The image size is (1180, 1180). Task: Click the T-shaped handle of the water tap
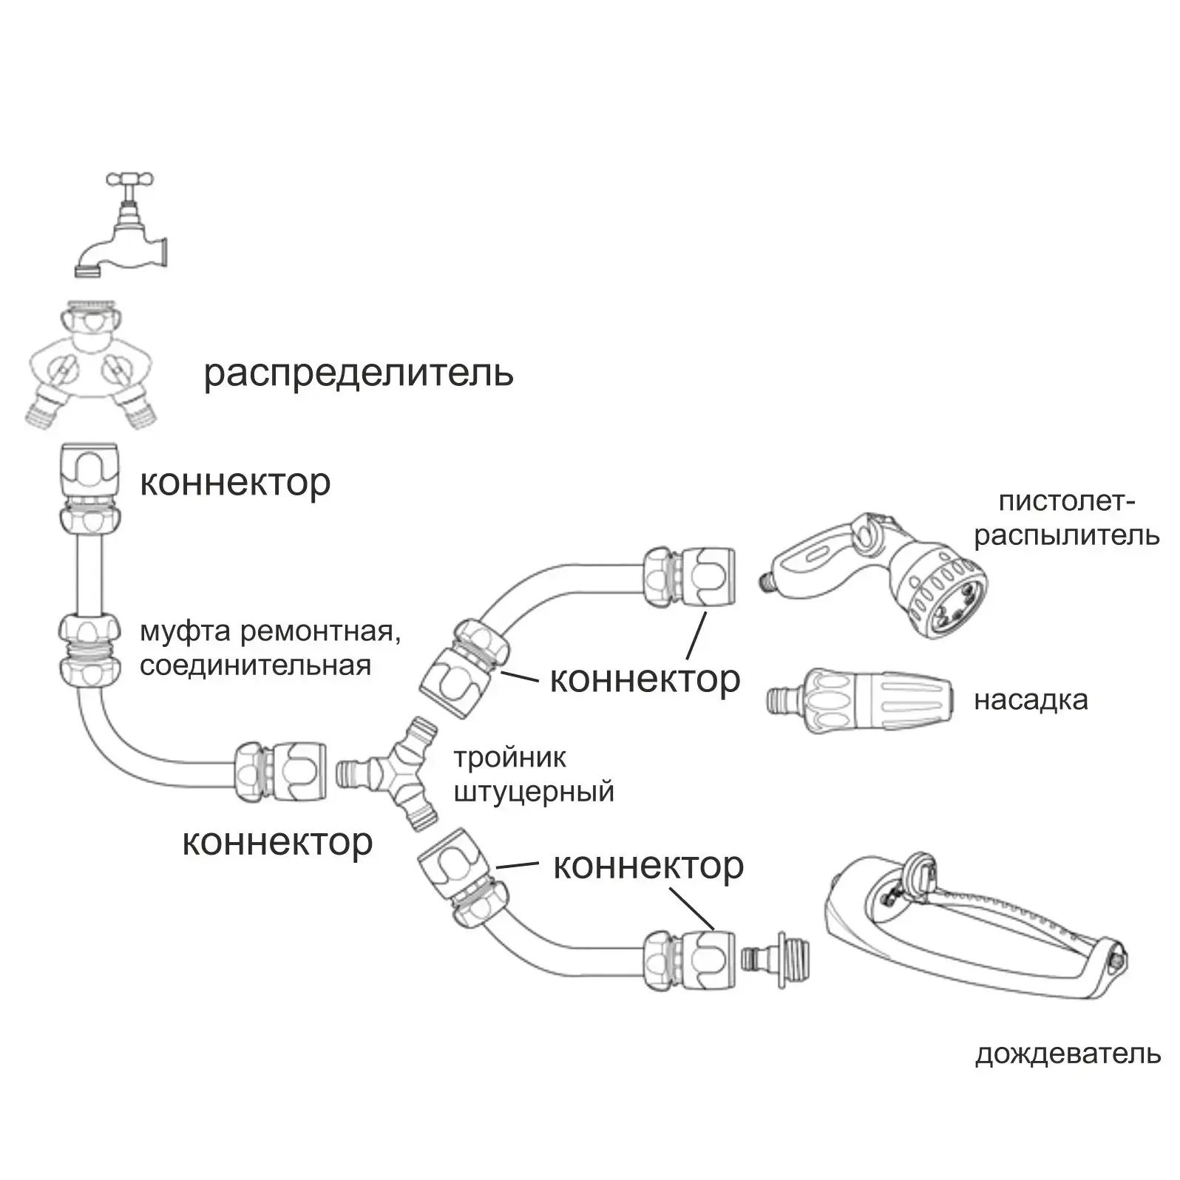[131, 179]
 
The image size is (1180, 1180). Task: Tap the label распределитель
[359, 373]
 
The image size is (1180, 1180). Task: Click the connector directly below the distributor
[87, 488]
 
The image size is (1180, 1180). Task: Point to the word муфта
[185, 632]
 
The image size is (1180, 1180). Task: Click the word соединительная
[255, 665]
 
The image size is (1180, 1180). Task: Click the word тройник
[509, 757]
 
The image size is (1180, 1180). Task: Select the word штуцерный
[534, 792]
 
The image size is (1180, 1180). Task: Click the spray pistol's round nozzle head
[943, 592]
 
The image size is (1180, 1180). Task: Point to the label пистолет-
[1067, 501]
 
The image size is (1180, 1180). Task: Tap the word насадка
[1031, 699]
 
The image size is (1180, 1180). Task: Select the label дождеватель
[1068, 1054]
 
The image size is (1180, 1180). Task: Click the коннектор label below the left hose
[277, 842]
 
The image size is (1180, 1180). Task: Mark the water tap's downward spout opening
[88, 271]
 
